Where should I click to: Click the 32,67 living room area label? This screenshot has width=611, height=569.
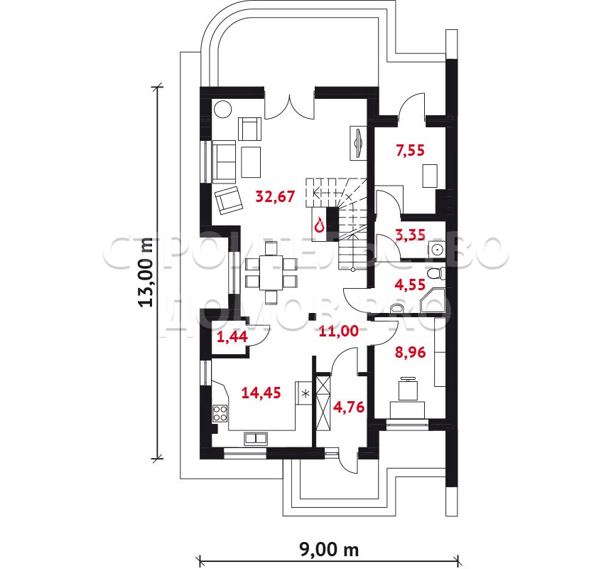pos(275,196)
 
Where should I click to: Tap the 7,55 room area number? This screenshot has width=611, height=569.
pos(410,150)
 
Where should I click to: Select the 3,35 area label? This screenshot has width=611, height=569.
pos(411,235)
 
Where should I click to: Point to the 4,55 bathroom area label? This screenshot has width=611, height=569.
pos(410,284)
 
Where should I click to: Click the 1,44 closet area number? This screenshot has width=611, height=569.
pos(232,336)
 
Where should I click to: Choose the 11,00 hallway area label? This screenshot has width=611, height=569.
pos(339,331)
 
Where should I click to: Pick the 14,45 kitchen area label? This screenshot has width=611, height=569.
pos(261,393)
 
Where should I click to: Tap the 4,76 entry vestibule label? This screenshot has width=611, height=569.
pos(349,407)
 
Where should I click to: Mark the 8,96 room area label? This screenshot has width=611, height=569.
pos(410,353)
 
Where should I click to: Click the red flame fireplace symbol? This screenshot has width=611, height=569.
pos(320,225)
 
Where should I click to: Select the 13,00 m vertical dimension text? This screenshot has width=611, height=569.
pos(147,272)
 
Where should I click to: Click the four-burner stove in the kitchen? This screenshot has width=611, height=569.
pos(220,414)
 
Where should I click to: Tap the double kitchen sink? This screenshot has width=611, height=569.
pos(256,438)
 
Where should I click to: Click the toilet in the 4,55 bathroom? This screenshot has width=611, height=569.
pos(436,273)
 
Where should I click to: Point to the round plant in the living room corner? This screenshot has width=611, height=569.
pos(223,109)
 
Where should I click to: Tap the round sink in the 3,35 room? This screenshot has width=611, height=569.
pos(438,249)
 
